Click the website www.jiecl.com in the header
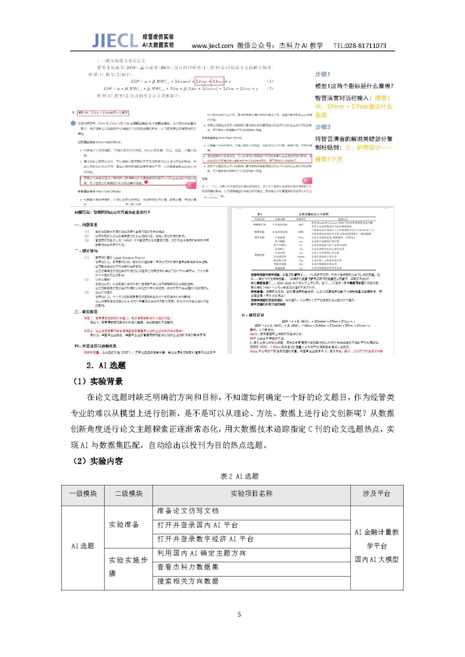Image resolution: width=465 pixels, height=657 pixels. (213, 46)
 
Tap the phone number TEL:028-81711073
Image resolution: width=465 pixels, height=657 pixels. (359, 46)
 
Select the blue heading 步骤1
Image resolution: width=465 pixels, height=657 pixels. (322, 74)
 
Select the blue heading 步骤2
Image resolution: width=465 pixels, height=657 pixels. (323, 127)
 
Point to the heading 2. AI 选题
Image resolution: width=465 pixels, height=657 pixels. (106, 365)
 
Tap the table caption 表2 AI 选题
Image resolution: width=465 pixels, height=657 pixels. (239, 476)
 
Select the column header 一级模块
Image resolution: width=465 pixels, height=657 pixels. (83, 494)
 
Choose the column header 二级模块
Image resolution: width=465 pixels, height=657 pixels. (129, 494)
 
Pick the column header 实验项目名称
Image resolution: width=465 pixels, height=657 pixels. (251, 494)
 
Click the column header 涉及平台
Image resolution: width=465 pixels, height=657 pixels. (376, 494)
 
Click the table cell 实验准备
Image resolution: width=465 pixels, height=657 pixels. (124, 525)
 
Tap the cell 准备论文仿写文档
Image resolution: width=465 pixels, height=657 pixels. (187, 511)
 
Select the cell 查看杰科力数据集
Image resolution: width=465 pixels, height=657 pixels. (187, 567)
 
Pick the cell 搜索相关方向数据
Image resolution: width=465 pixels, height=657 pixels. (187, 582)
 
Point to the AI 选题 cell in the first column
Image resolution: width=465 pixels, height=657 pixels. (83, 546)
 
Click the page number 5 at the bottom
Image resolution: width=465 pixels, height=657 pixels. (239, 615)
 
